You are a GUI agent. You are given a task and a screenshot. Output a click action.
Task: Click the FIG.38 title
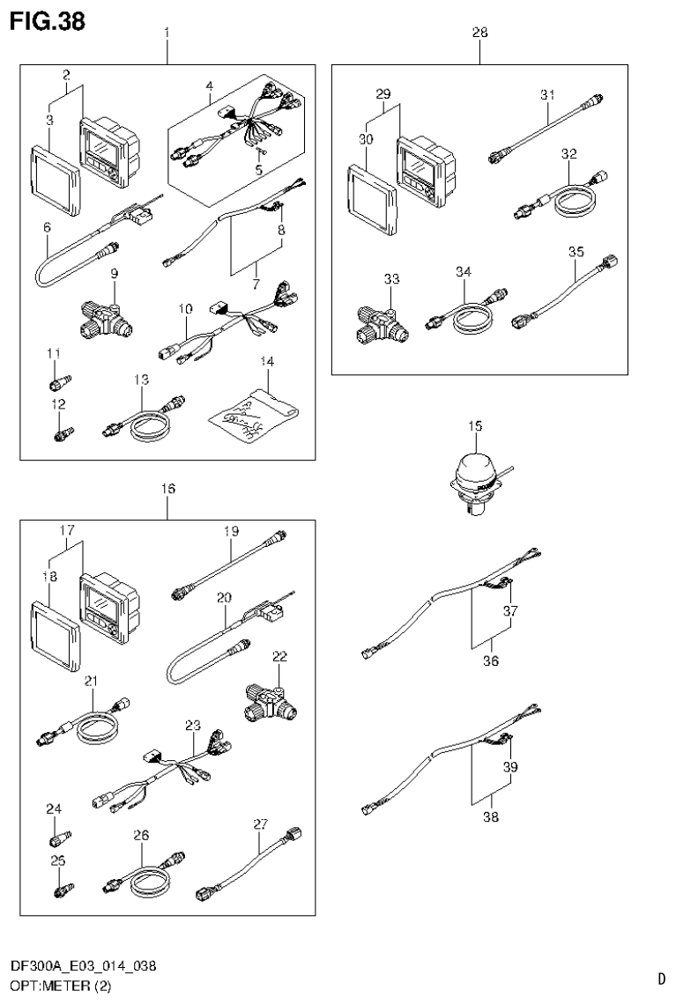click(x=48, y=21)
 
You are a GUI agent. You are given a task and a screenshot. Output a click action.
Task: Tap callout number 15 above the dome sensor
click(x=475, y=426)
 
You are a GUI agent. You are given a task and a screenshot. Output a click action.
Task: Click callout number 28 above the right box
click(x=480, y=33)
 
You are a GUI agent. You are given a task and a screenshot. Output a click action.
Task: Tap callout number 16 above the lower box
click(x=168, y=487)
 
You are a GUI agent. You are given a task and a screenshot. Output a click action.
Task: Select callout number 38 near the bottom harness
click(x=491, y=816)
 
